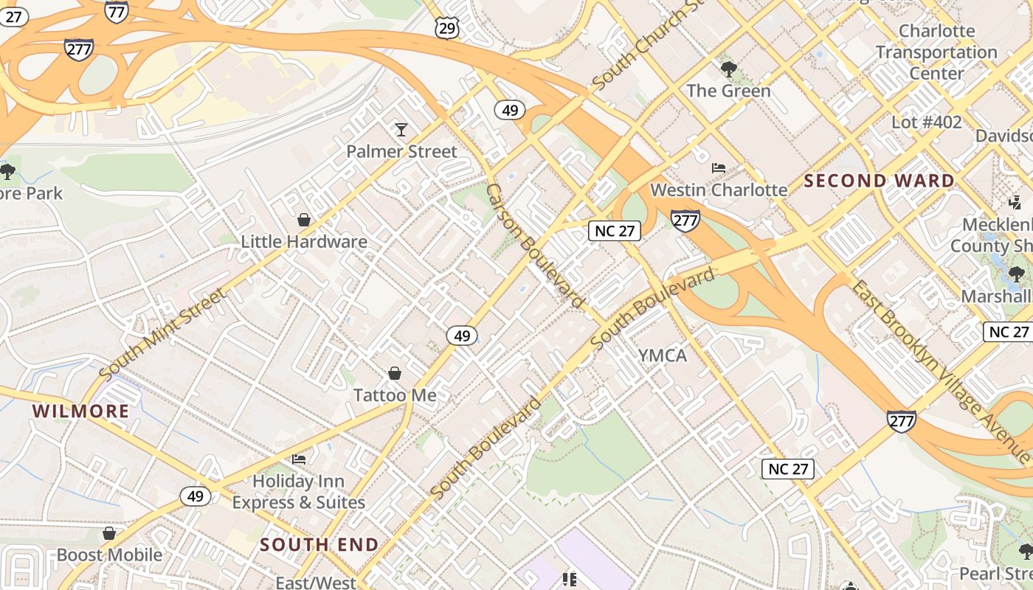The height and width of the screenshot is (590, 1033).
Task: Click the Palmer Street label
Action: coord(402,152)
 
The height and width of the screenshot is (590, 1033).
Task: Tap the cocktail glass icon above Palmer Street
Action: coord(401,130)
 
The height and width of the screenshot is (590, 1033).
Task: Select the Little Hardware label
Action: coord(304,241)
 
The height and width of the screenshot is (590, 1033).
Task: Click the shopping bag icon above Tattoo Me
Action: coord(395,373)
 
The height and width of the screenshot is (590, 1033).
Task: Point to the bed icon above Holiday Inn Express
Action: coord(298,459)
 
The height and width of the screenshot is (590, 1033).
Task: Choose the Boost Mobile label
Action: coord(109,555)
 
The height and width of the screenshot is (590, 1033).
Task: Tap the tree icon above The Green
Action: coord(728,70)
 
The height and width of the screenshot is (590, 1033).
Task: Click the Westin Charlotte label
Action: coord(719,190)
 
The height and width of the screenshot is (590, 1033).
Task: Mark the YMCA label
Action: coord(663,355)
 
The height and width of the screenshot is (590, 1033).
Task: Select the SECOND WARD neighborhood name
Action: coord(880,181)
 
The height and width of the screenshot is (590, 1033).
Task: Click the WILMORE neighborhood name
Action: coord(81,412)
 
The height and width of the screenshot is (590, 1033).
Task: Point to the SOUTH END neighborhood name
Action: coord(319,545)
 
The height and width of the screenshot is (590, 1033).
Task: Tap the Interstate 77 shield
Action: coord(117,10)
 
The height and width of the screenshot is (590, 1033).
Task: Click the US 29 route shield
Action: coord(447,28)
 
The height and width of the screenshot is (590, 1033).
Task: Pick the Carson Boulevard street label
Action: coord(535,246)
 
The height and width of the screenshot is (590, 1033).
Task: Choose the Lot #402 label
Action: coord(927,122)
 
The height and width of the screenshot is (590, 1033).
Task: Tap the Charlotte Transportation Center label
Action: coord(936,52)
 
